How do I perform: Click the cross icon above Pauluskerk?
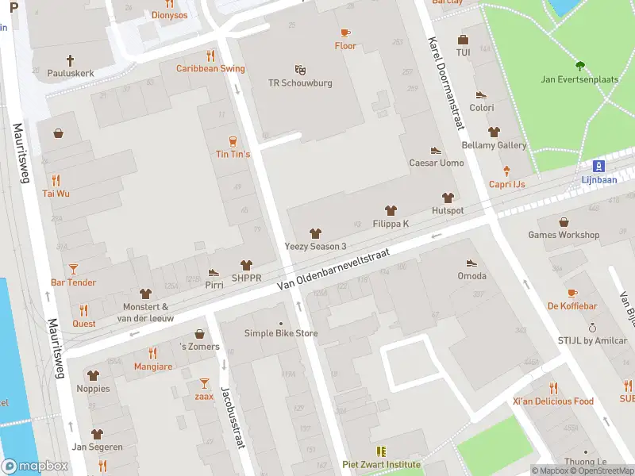(x=70, y=60)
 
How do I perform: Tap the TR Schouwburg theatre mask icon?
(x=300, y=70)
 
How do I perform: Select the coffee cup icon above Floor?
(x=344, y=33)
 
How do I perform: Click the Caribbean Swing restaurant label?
(x=210, y=68)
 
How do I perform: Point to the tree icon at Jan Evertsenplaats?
(x=580, y=66)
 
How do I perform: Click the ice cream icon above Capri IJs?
(x=507, y=171)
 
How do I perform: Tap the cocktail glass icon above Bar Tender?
(x=73, y=269)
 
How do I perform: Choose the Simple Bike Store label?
(x=280, y=333)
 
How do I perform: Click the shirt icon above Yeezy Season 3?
(x=315, y=233)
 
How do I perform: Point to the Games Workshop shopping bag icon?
(x=564, y=222)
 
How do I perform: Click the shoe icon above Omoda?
(x=471, y=263)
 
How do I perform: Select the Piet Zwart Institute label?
(x=380, y=465)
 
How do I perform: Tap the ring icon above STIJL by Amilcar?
(x=591, y=327)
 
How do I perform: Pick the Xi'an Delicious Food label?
(x=553, y=401)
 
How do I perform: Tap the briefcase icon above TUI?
(x=463, y=40)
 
